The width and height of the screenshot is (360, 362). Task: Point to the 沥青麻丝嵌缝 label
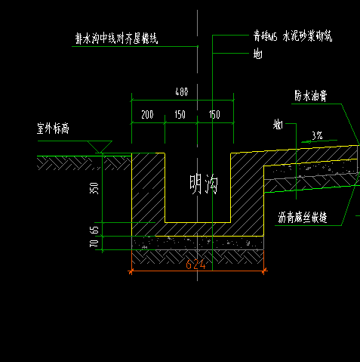[x=303, y=218]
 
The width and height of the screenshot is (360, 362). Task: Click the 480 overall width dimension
[x=181, y=92]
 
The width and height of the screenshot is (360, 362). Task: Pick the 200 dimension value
[x=147, y=115]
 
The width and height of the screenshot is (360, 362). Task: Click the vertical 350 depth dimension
[x=94, y=188]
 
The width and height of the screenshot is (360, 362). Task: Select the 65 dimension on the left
[x=94, y=229]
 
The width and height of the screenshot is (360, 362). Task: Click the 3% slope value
[x=317, y=136]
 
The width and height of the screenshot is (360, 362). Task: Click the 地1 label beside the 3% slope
[x=278, y=125]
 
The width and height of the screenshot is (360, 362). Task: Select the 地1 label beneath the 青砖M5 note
[x=257, y=53]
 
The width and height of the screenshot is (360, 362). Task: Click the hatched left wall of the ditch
[x=148, y=189]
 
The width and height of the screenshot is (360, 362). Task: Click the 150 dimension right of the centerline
[x=214, y=115]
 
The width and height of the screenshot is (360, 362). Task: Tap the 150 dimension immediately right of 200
[x=180, y=115]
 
